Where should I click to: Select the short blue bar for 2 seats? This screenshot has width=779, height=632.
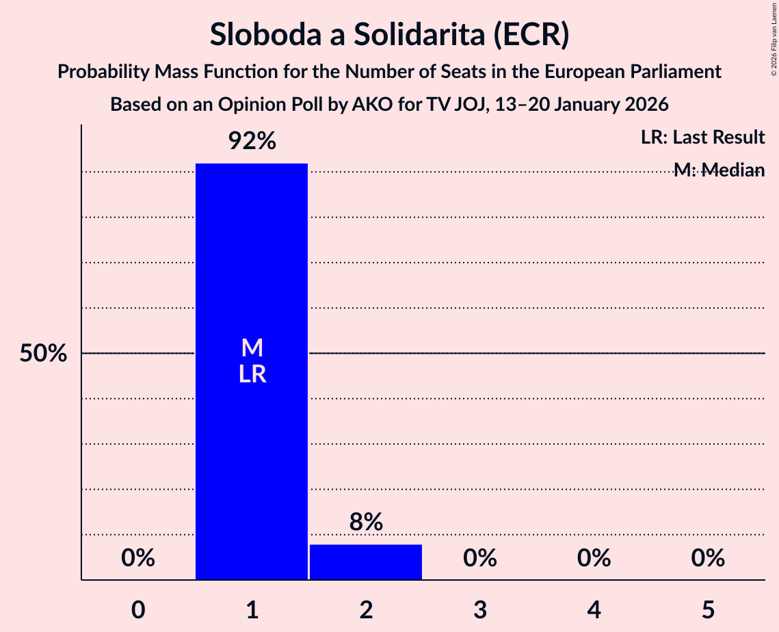[366, 562]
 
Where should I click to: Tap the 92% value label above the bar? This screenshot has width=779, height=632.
[252, 142]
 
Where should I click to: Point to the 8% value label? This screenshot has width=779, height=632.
[366, 523]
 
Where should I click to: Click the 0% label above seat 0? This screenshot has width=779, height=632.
[138, 559]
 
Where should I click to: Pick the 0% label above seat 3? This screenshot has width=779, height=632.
[479, 559]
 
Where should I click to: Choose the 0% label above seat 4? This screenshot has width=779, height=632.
[594, 559]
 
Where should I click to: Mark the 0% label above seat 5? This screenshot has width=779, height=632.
[707, 559]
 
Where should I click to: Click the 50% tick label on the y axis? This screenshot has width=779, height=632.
[43, 354]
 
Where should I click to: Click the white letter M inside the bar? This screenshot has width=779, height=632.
[252, 348]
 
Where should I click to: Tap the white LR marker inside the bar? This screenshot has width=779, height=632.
[252, 375]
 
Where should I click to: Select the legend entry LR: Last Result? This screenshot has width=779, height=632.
[702, 137]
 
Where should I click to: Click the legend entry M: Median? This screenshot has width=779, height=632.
[718, 170]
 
